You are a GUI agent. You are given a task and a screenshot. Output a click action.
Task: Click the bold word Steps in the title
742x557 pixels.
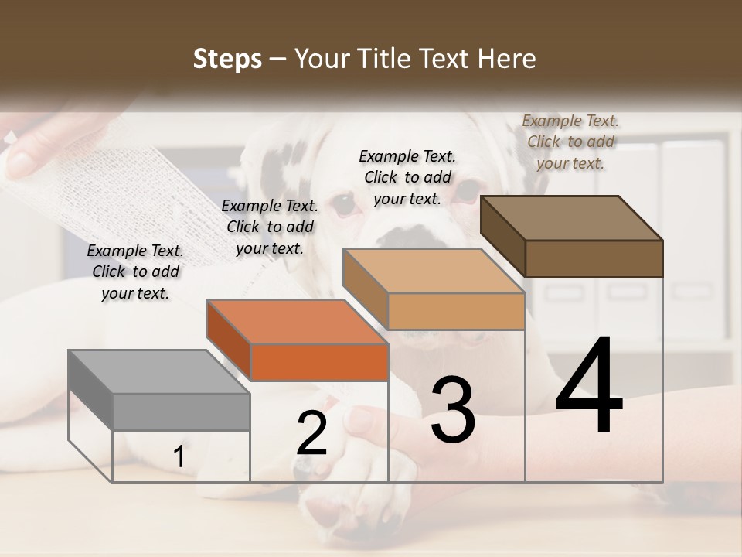click(227, 59)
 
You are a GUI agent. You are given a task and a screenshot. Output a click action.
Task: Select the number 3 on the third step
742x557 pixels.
click(453, 411)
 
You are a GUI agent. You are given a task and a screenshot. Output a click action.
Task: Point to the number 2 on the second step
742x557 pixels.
click(312, 434)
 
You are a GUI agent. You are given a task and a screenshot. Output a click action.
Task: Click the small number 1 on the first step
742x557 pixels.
click(179, 457)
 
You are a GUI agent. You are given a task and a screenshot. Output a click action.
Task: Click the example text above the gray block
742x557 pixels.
click(135, 272)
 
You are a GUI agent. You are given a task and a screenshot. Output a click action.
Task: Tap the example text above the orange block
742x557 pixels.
click(270, 227)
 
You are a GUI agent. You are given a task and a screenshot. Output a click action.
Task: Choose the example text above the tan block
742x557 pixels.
click(407, 177)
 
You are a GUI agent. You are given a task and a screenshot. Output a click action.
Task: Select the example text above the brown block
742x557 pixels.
click(570, 142)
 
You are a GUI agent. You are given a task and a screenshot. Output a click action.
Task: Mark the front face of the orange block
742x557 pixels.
click(319, 362)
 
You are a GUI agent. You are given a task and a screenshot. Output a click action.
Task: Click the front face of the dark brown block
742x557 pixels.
click(594, 258)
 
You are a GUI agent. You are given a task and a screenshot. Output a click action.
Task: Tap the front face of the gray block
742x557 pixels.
click(182, 412)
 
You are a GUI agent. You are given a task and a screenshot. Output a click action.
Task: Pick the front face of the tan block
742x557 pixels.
click(456, 311)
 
